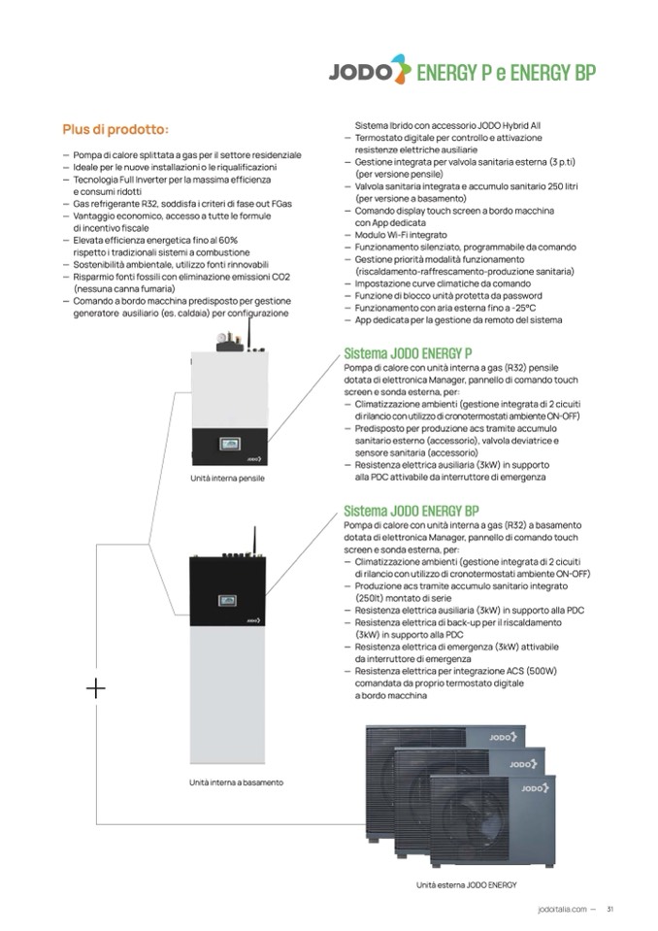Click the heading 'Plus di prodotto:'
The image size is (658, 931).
pyautogui.click(x=115, y=129)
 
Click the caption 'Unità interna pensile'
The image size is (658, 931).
pyautogui.click(x=228, y=479)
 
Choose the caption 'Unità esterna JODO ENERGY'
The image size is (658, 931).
pyautogui.click(x=466, y=884)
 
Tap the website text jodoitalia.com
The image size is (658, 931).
pyautogui.click(x=561, y=910)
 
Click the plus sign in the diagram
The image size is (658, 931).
pyautogui.click(x=96, y=689)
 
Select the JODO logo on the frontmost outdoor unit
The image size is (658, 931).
pyautogui.click(x=533, y=788)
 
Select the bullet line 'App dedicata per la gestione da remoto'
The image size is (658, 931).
pyautogui.click(x=456, y=319)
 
